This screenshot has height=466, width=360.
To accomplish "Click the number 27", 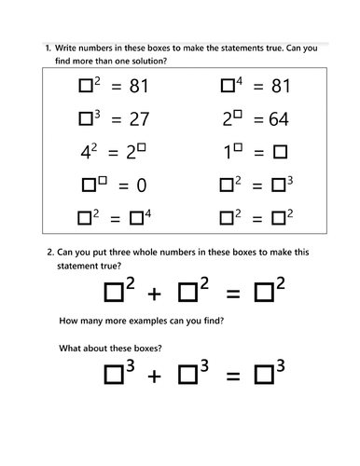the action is (138, 121).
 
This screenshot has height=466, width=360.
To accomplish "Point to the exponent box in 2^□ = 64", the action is (240, 115).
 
